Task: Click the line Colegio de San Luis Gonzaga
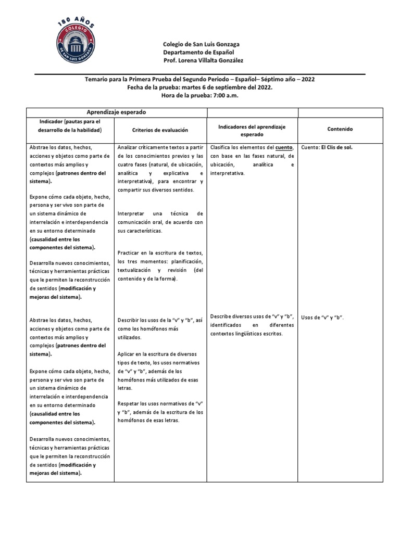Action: click(201, 45)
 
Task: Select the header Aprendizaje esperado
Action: click(116, 112)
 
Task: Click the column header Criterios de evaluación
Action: click(152, 129)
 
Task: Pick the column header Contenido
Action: click(340, 129)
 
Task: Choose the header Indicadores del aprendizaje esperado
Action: click(252, 130)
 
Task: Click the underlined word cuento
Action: click(284, 147)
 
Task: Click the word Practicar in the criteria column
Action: click(131, 253)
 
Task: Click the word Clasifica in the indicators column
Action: click(222, 147)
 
